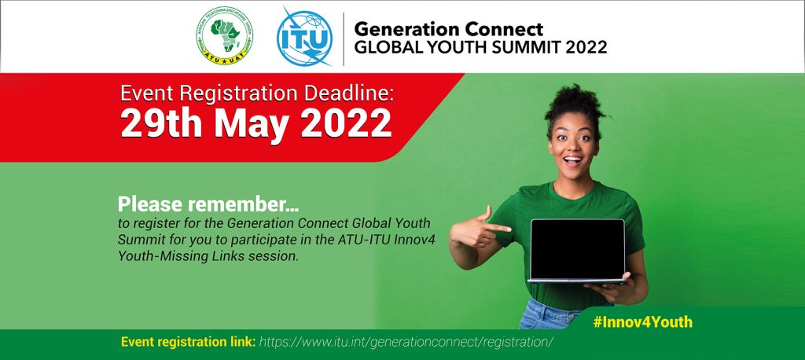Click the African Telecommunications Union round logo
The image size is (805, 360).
(224, 36)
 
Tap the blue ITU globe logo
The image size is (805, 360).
(305, 37)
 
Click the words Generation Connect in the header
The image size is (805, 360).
(448, 28)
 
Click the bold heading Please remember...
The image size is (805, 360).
(208, 204)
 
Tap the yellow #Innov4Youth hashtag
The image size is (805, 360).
(643, 322)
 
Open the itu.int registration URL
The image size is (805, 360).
(406, 342)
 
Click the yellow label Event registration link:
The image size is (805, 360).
(189, 342)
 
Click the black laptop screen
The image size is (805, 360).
(578, 249)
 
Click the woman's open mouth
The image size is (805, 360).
(572, 160)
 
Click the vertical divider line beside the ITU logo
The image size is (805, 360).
(344, 39)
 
